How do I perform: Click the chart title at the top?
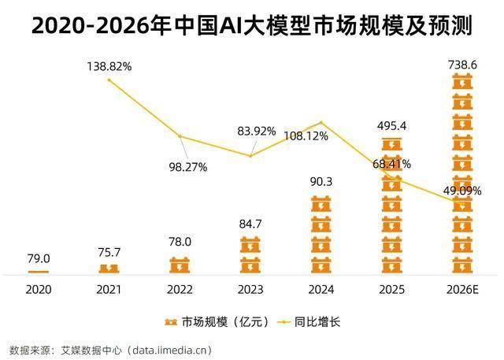252,26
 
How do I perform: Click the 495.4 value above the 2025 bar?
391,125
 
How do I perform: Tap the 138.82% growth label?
109,67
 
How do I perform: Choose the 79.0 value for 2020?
39,258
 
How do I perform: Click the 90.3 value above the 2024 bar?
321,182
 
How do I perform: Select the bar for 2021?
109,269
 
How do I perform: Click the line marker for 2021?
109,80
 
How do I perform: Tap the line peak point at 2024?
321,122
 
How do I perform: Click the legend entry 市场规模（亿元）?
217,321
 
